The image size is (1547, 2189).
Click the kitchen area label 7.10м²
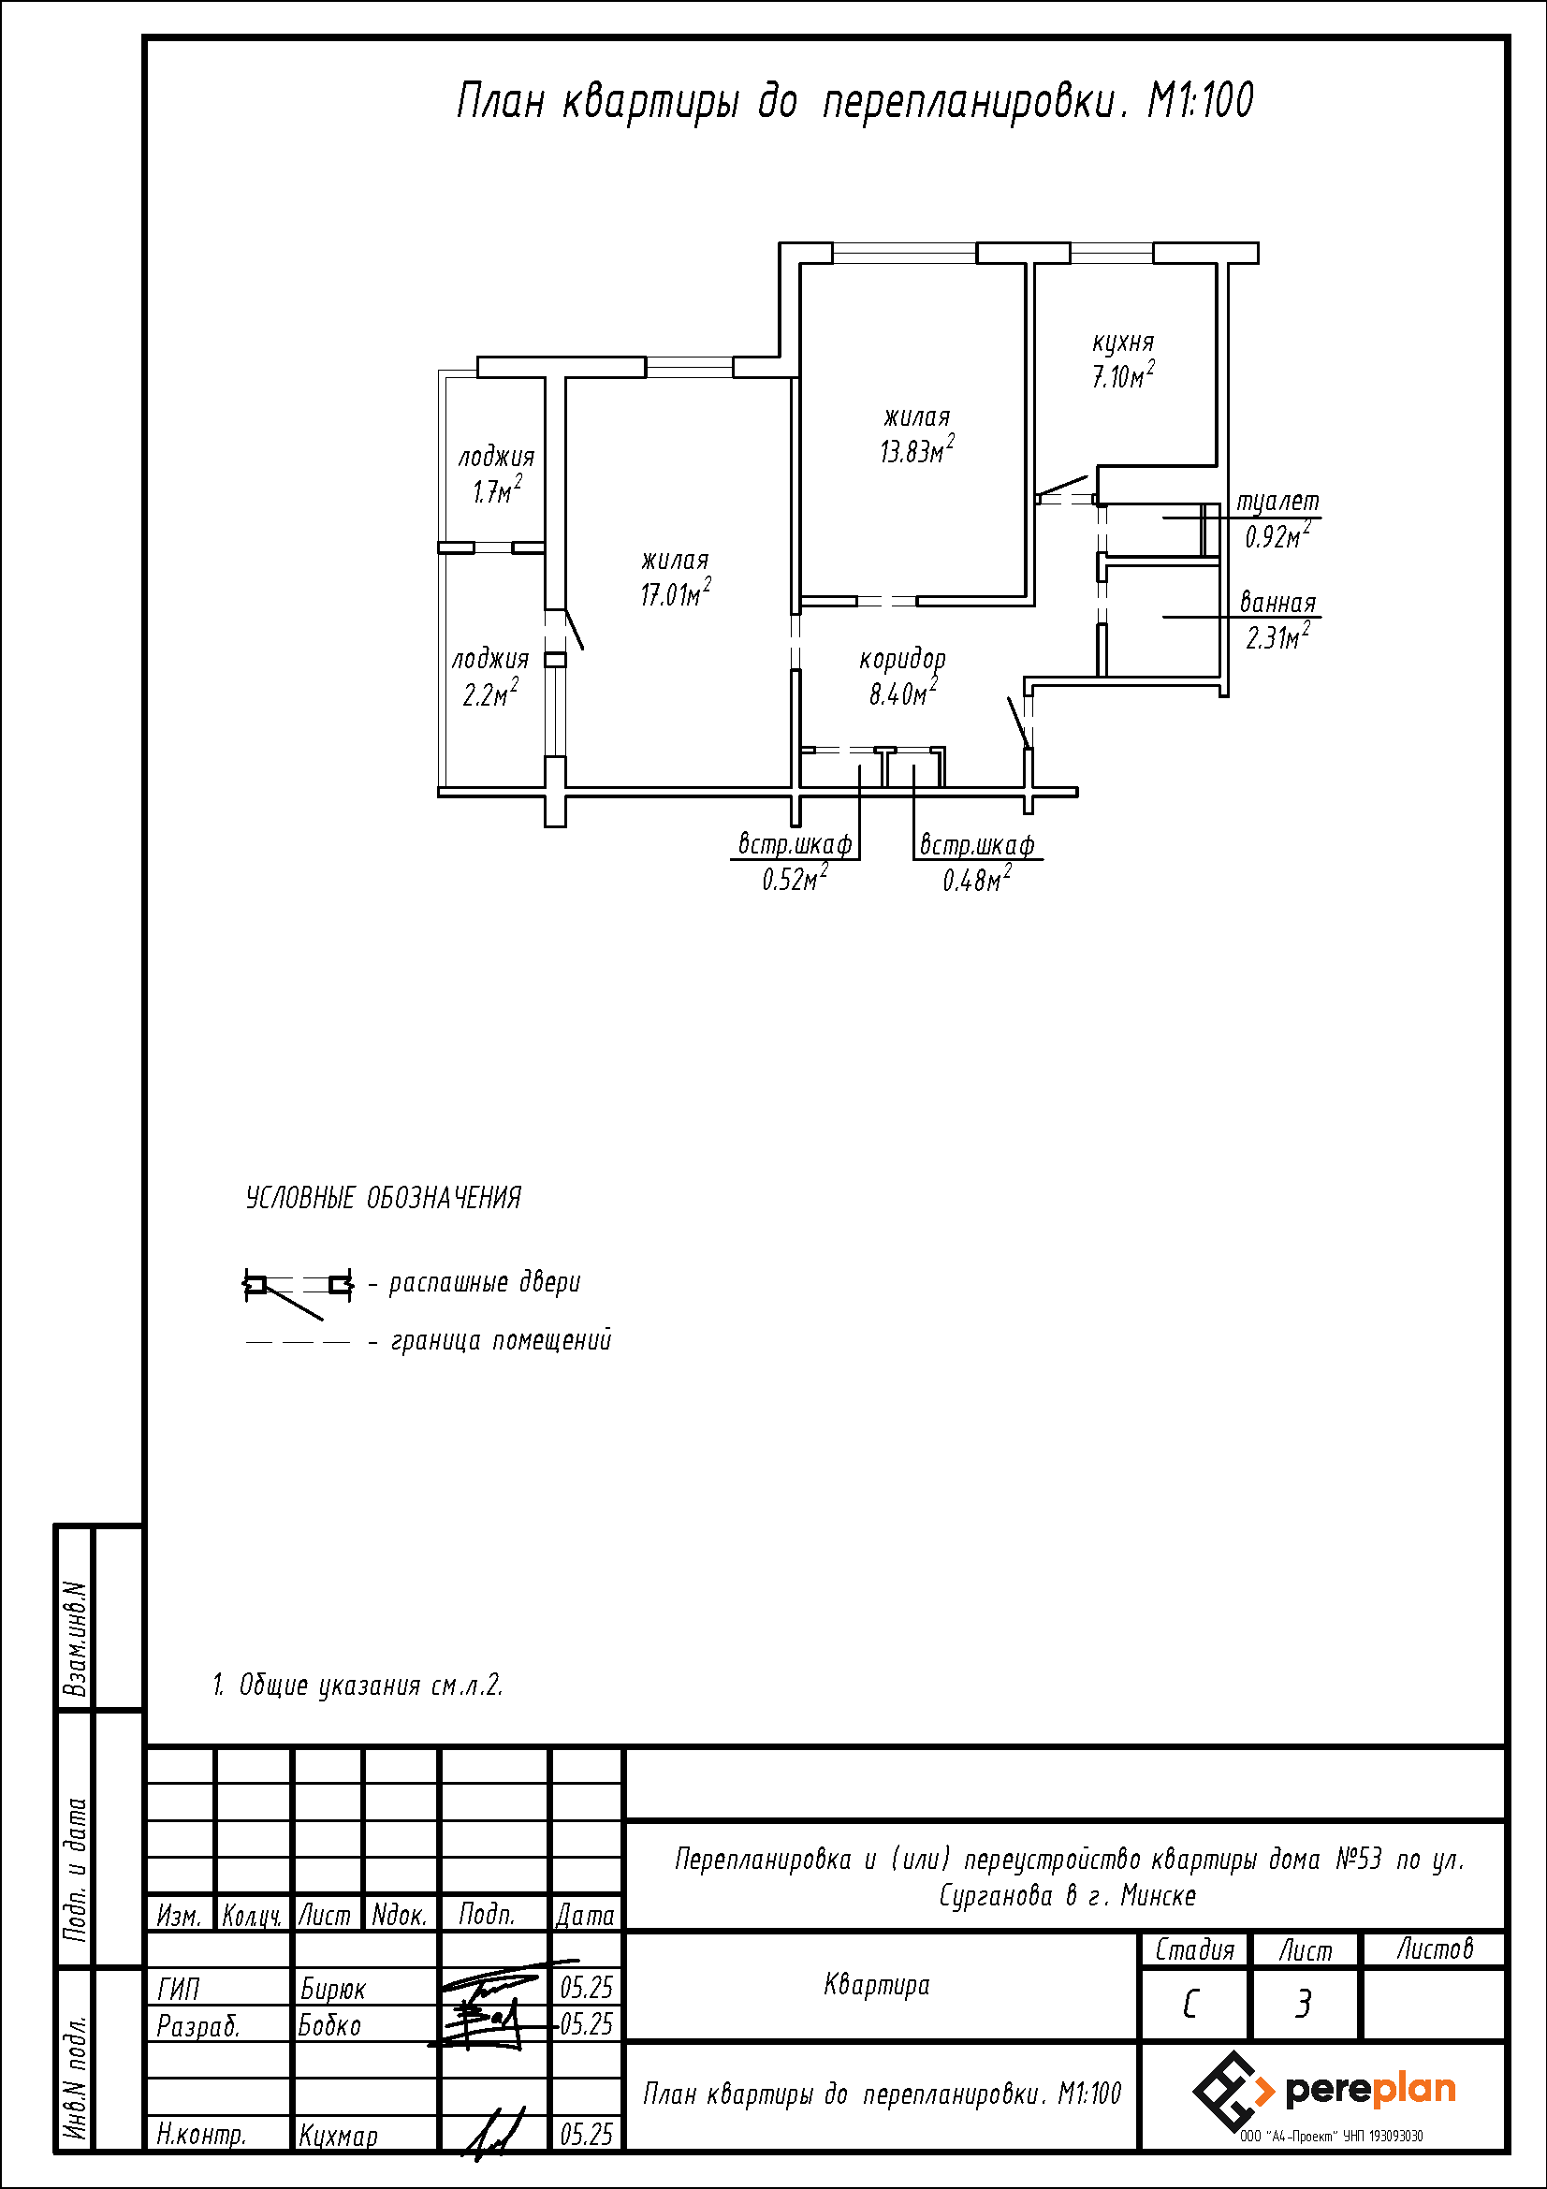(1124, 375)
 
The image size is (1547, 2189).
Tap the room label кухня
(1123, 343)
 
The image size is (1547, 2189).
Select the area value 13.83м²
(917, 450)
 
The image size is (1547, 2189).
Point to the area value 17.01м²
(676, 593)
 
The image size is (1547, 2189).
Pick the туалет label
(1278, 503)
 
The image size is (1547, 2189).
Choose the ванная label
(1277, 604)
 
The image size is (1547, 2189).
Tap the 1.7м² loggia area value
(498, 490)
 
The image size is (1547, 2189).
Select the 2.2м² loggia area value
(491, 693)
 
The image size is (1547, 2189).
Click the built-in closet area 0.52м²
(794, 878)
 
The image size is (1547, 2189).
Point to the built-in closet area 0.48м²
(977, 878)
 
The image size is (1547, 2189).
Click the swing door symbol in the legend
(299, 1291)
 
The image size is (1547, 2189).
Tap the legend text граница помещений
(502, 1340)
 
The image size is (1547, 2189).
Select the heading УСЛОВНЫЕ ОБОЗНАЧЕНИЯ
(383, 1199)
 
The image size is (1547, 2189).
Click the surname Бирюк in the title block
(332, 1989)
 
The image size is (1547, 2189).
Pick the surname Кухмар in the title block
(339, 2136)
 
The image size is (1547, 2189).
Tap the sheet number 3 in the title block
(1303, 2006)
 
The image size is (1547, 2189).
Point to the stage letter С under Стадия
(1190, 2006)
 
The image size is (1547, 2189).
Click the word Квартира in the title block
(877, 1986)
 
